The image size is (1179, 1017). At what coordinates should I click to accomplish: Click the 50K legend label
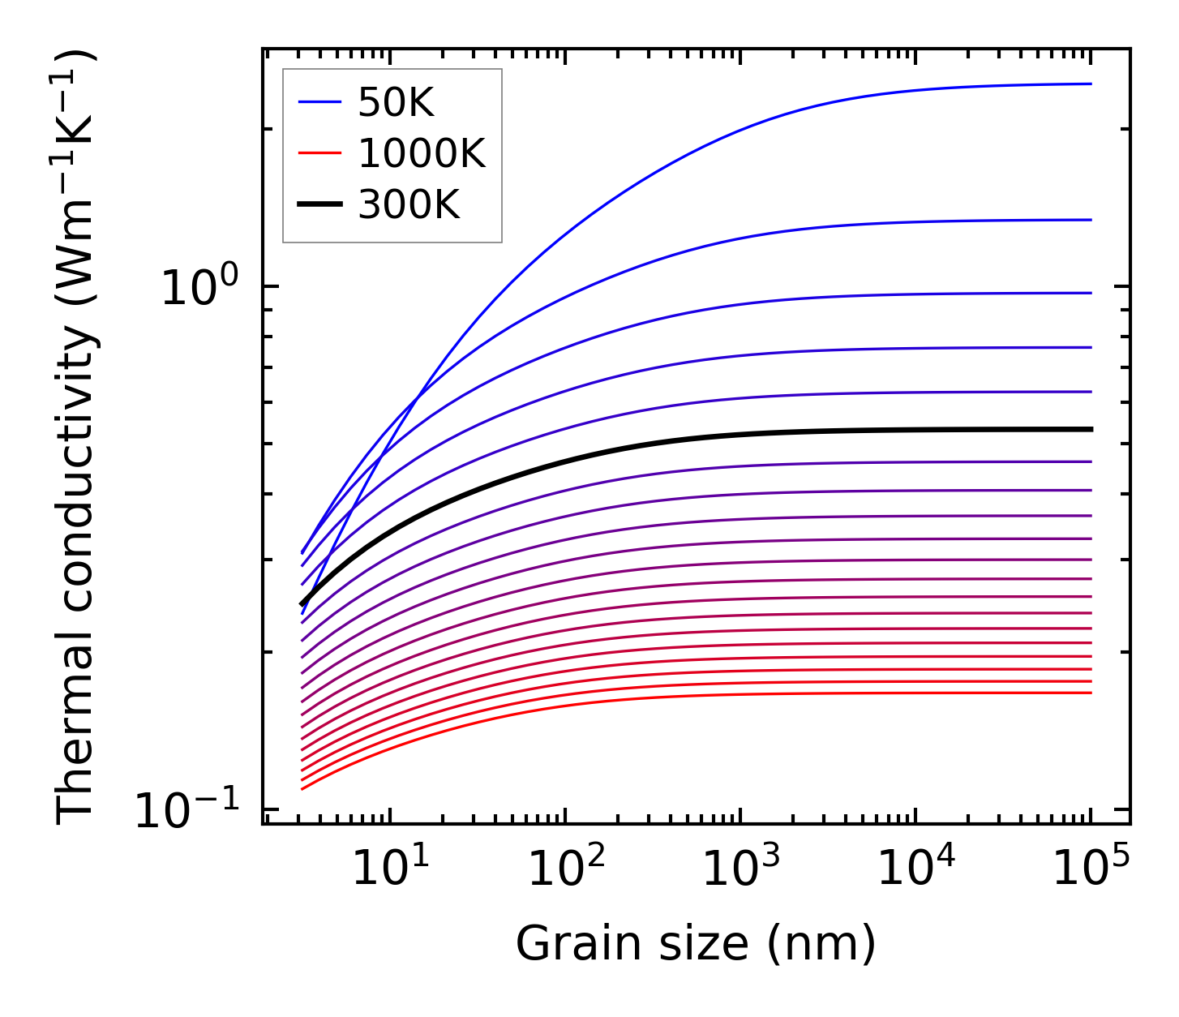coord(397,103)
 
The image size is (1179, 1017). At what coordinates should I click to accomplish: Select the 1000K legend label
coord(422,154)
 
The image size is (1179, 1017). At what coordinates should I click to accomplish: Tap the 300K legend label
coord(409,205)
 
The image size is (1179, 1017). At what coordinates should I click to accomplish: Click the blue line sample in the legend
coord(320,103)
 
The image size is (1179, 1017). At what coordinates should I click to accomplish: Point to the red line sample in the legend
coord(320,154)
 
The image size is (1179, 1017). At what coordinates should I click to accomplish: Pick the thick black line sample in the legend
coord(320,205)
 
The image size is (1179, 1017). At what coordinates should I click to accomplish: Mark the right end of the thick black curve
coord(1091,429)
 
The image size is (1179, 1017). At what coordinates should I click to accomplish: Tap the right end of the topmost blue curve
coord(1091,84)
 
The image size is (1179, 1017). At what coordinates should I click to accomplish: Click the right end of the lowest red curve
coord(1091,693)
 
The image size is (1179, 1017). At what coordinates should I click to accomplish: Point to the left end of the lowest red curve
coord(302,789)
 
